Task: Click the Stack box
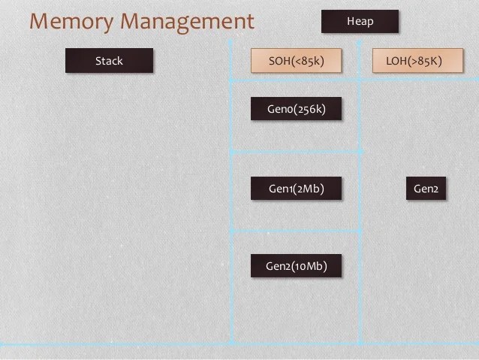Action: click(109, 61)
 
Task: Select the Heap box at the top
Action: click(360, 22)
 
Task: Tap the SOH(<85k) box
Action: click(296, 61)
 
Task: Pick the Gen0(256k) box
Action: click(296, 109)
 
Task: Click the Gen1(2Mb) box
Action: click(296, 189)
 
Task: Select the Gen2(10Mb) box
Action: click(296, 266)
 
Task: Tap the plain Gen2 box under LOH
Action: click(426, 189)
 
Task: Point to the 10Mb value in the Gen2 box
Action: click(309, 266)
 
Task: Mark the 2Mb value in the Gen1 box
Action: click(309, 189)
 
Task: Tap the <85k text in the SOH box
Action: click(308, 61)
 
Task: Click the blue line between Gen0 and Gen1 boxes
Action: click(296, 152)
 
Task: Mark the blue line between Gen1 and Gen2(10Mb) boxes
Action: click(296, 231)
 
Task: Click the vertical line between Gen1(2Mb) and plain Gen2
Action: click(360, 189)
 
